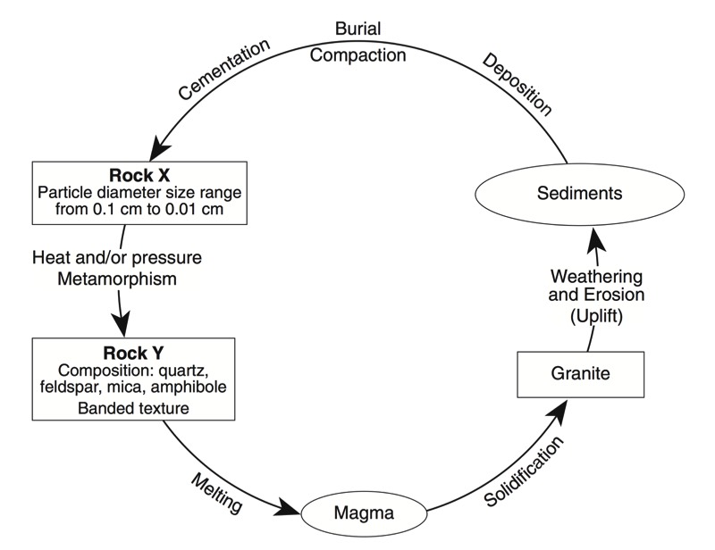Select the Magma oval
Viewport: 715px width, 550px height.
363,515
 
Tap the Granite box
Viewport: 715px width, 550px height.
582,374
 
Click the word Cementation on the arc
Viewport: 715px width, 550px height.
223,69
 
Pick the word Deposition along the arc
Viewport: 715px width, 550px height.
517,85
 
